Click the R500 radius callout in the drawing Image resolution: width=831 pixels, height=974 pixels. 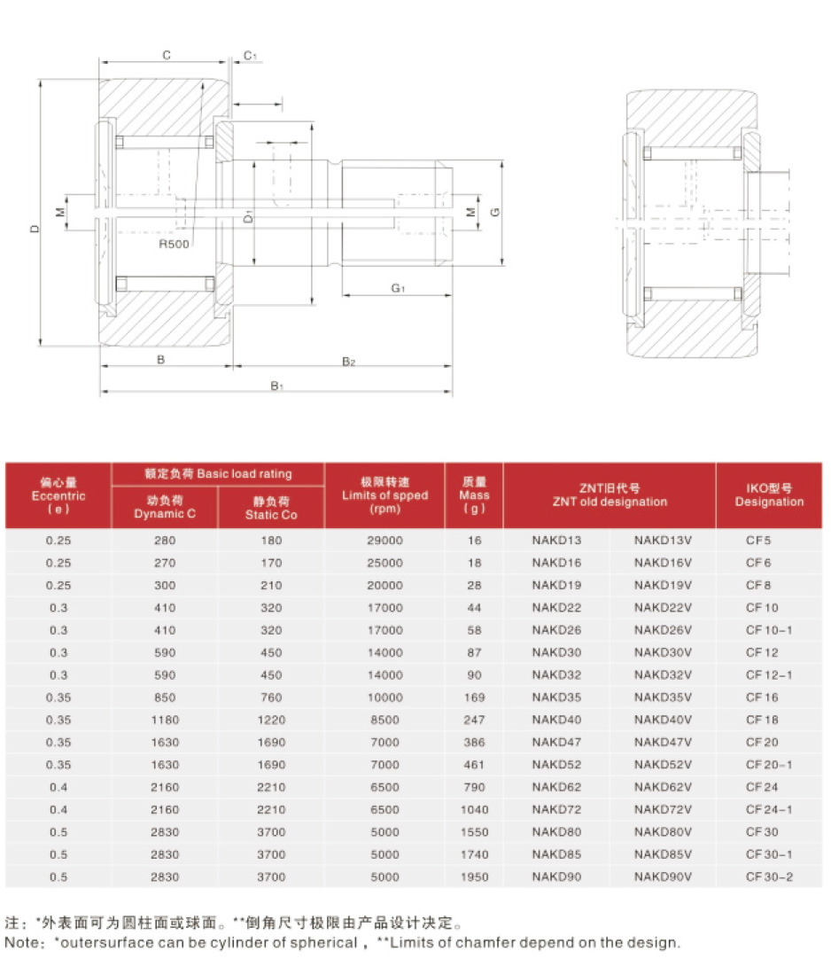pos(175,243)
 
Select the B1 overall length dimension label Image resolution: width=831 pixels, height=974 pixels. pos(276,386)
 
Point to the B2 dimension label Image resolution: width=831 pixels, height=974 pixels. pos(349,362)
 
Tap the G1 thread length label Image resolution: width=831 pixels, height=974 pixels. pos(398,288)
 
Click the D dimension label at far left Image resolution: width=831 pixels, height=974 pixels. pos(34,228)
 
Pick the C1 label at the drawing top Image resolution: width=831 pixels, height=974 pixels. pos(250,56)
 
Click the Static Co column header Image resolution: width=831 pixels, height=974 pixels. pos(271,508)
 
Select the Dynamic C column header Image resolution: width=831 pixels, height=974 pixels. pos(165,508)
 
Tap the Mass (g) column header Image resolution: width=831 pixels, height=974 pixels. pos(474,495)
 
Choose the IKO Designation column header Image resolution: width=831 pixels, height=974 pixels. pos(769,495)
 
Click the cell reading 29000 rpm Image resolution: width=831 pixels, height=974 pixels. pos(384,540)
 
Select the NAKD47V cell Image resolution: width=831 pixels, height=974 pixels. pos(663,742)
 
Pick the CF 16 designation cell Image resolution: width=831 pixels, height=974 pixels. pos(762,697)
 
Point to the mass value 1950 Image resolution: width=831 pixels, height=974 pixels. pos(474,877)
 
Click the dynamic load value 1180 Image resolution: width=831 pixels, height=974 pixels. pos(165,720)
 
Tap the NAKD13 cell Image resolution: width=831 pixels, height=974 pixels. pos(557,540)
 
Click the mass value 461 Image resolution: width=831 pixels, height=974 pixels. pos(474,764)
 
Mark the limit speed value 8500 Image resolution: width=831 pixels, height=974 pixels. pos(384,720)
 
